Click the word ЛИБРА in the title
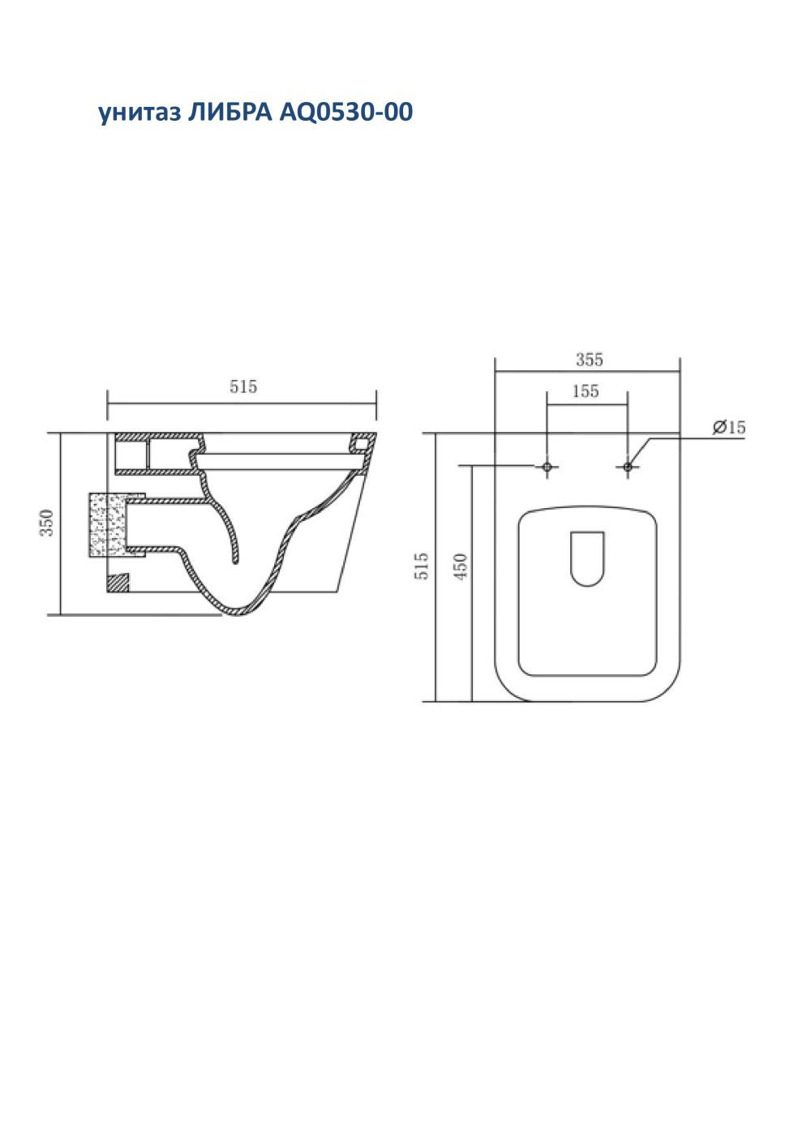[x=230, y=112]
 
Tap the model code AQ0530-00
[x=345, y=113]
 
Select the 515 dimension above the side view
[x=243, y=387]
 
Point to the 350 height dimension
[x=47, y=523]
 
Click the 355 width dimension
[x=590, y=359]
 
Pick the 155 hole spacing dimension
[x=586, y=391]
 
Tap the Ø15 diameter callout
[x=729, y=427]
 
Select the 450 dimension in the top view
[x=461, y=567]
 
